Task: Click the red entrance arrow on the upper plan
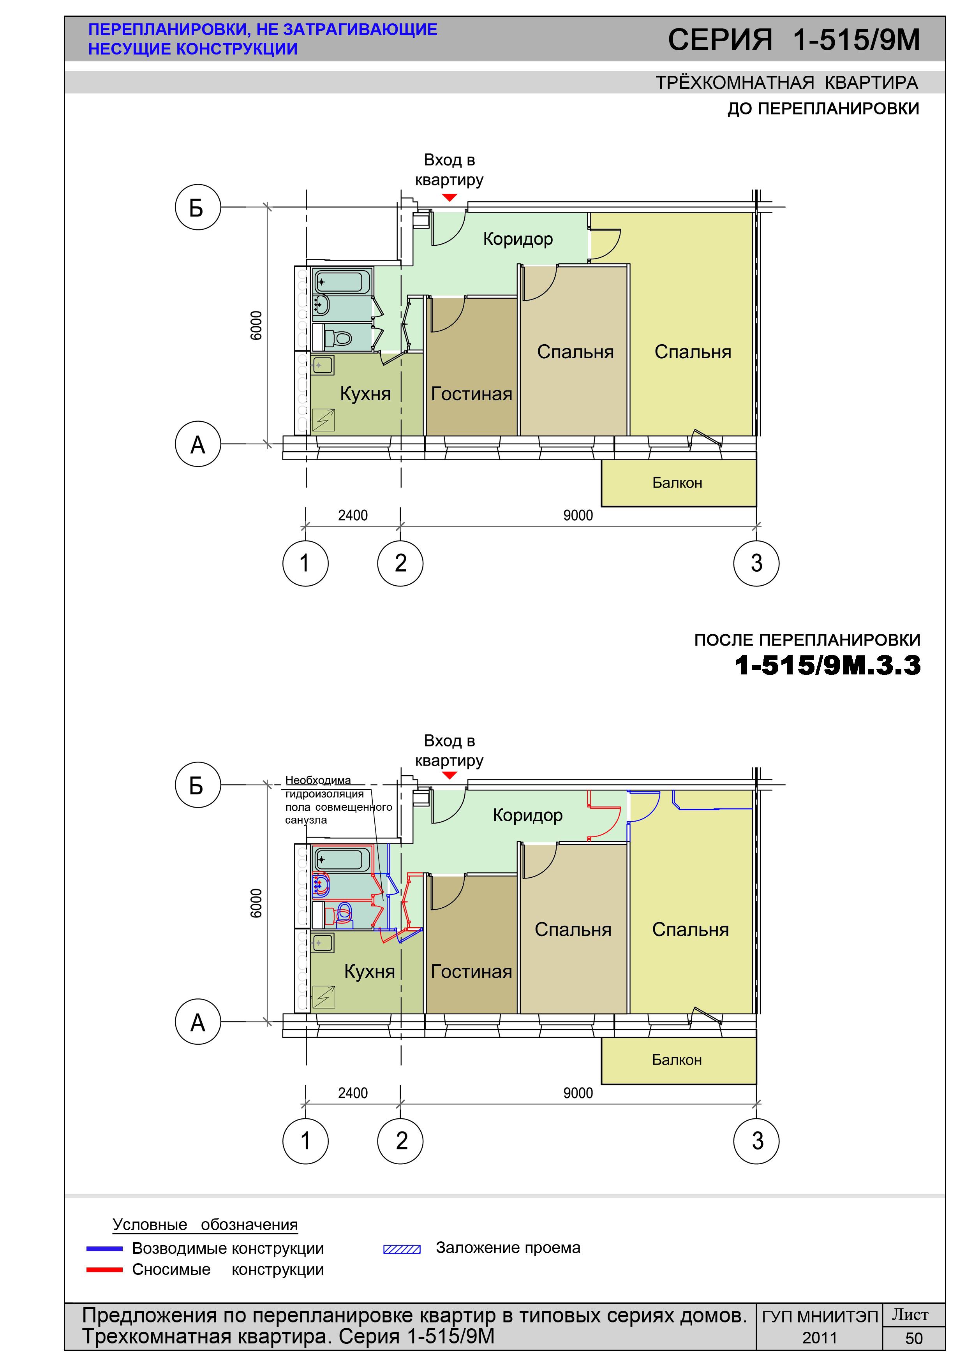(x=450, y=197)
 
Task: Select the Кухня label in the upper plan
(x=365, y=394)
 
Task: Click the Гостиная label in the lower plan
(x=471, y=972)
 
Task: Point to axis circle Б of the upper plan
(x=197, y=208)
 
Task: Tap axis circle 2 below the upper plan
(x=400, y=563)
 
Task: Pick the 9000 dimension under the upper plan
(x=578, y=515)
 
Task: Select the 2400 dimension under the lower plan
(x=353, y=1093)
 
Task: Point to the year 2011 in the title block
(x=820, y=1338)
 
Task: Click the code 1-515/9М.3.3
(x=828, y=665)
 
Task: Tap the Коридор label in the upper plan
(x=518, y=239)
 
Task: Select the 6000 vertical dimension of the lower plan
(x=256, y=903)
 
